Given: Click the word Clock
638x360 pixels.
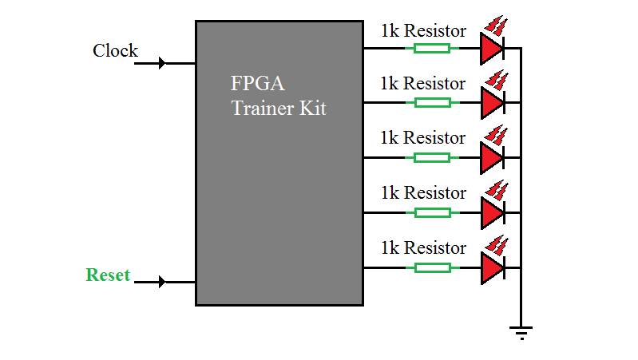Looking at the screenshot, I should pyautogui.click(x=115, y=51).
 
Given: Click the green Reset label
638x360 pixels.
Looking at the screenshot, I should pyautogui.click(x=108, y=275).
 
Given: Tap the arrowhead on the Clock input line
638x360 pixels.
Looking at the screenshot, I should pyautogui.click(x=163, y=63).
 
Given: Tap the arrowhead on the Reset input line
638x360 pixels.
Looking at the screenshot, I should pyautogui.click(x=163, y=282).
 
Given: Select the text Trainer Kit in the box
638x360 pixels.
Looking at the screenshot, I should pyautogui.click(x=279, y=109).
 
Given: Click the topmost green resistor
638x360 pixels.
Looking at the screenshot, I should pyautogui.click(x=431, y=48).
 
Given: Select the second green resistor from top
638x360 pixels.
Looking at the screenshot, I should pyautogui.click(x=431, y=102).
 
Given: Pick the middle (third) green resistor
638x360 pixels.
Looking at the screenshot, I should pyautogui.click(x=431, y=157).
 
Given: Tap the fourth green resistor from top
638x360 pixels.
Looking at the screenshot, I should pyautogui.click(x=431, y=212).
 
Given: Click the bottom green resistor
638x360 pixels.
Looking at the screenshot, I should pyautogui.click(x=431, y=267).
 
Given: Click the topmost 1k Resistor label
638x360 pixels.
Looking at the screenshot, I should pyautogui.click(x=422, y=31).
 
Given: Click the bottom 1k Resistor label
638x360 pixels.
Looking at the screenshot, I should pyautogui.click(x=422, y=248).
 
